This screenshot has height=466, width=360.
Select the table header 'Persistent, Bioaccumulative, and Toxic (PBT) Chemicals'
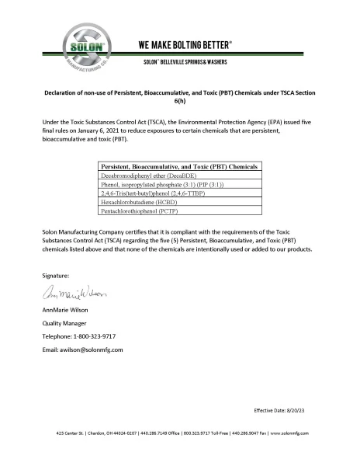coord(179,167)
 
